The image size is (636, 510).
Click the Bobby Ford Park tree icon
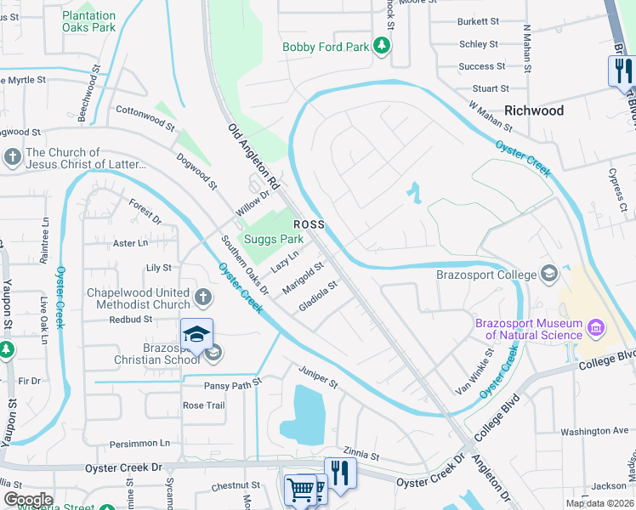[x=383, y=46]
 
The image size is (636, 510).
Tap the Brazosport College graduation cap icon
[x=549, y=274]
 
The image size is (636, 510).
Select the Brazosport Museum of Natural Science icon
[x=594, y=328]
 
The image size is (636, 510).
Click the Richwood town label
[x=533, y=110]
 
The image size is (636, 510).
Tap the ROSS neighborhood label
[x=309, y=224]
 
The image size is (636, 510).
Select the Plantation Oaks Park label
[x=89, y=21]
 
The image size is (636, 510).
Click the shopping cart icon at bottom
[x=300, y=490]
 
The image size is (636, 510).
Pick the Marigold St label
[x=304, y=277]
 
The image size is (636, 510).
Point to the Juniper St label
[x=318, y=378]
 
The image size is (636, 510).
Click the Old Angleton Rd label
[x=253, y=156]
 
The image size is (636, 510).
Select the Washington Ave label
[x=594, y=431]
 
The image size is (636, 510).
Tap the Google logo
[x=28, y=500]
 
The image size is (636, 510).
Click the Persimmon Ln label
[x=140, y=443]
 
